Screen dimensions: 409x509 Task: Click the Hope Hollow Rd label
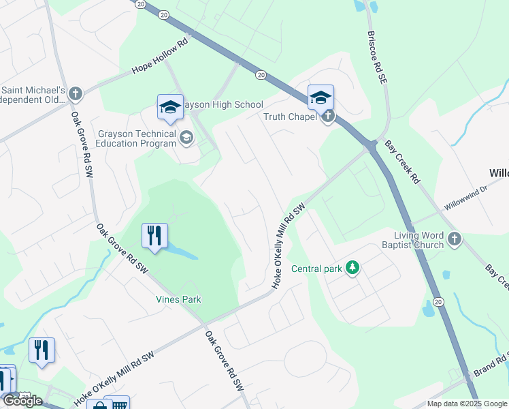[x=160, y=57]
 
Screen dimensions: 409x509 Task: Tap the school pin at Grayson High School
[x=170, y=107]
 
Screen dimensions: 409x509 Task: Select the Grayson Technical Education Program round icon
[x=186, y=138]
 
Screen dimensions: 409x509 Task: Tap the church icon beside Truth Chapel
[x=328, y=117]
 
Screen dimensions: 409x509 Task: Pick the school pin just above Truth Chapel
[x=321, y=97]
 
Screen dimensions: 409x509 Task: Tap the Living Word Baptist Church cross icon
[x=455, y=239]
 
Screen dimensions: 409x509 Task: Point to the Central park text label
[x=316, y=269]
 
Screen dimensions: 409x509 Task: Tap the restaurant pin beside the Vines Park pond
[x=155, y=236]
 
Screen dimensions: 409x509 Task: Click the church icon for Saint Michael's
[x=75, y=93]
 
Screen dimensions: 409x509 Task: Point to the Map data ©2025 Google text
[x=467, y=404]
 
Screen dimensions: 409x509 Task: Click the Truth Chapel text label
[x=291, y=117]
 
